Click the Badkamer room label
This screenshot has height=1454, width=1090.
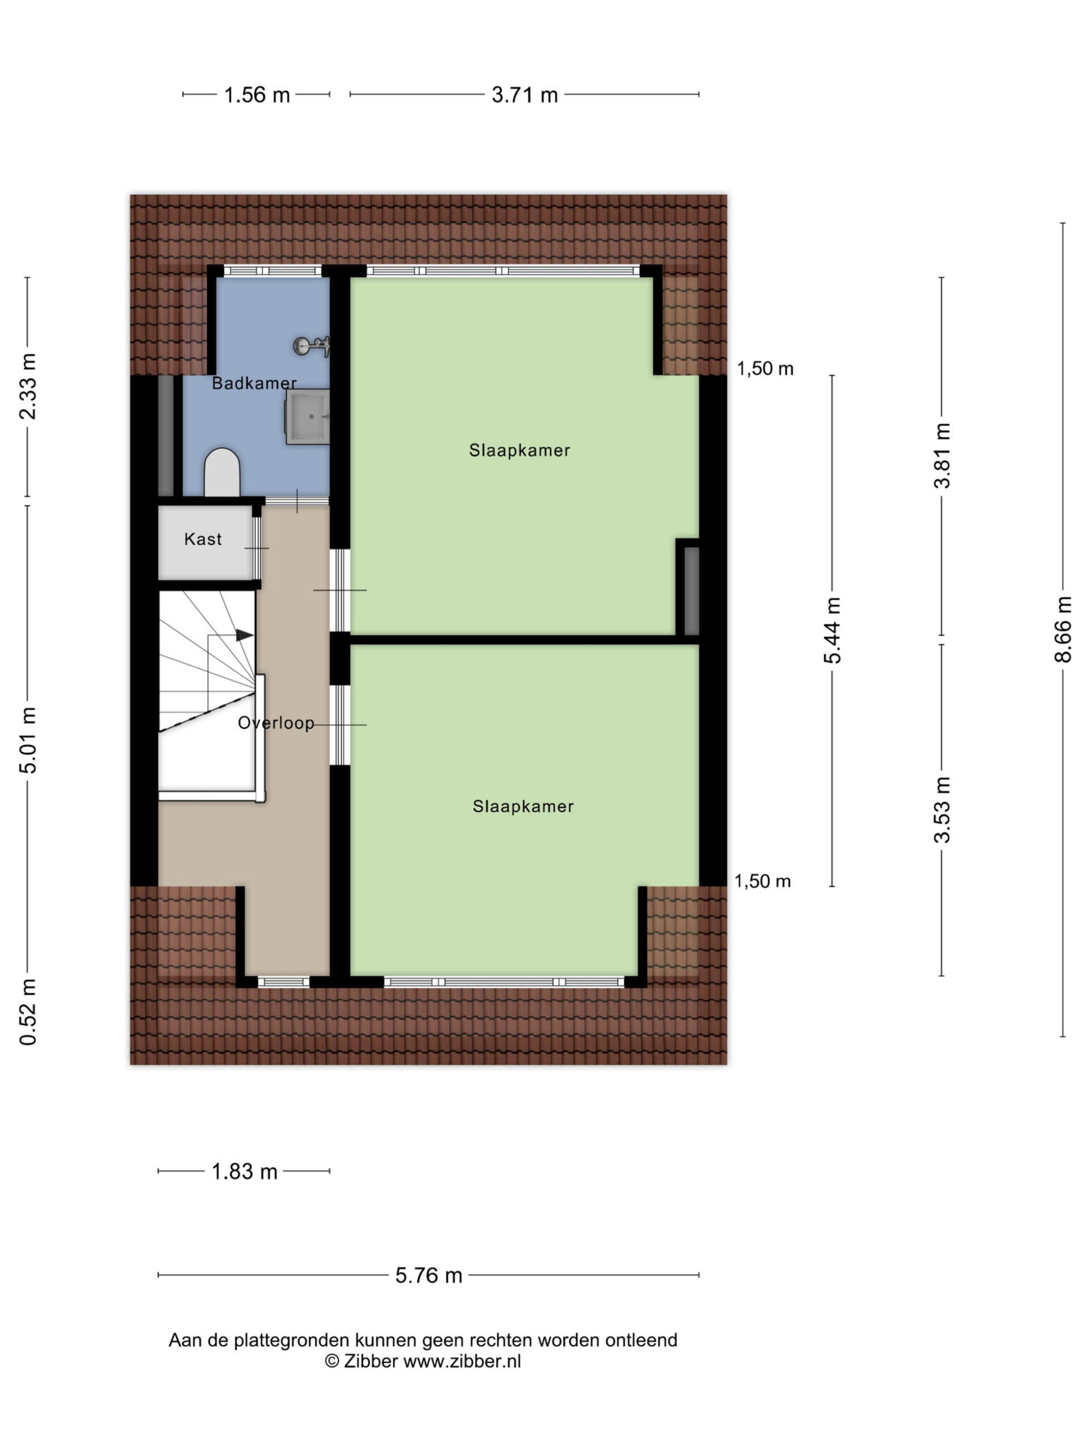[x=254, y=383]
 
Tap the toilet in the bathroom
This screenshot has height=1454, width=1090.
[x=221, y=472]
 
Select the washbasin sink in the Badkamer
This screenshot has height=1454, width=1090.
[x=308, y=417]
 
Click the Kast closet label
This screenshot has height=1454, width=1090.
[x=203, y=539]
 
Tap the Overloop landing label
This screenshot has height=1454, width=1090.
[x=276, y=723]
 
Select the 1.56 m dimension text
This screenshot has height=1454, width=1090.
[x=257, y=95]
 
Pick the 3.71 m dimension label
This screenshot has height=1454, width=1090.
[x=525, y=95]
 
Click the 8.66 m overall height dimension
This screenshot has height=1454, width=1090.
[x=1062, y=630]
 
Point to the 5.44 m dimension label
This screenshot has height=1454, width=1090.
[x=832, y=630]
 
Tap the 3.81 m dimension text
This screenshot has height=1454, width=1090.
[x=942, y=456]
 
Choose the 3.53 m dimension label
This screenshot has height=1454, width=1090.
[x=942, y=809]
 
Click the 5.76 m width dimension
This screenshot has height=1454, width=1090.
[x=429, y=1275]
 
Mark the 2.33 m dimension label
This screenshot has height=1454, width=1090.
[x=28, y=387]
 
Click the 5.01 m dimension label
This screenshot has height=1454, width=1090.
[x=28, y=740]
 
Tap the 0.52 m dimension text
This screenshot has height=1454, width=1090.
[x=28, y=1012]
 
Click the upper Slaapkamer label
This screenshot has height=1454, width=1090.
[x=519, y=450]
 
